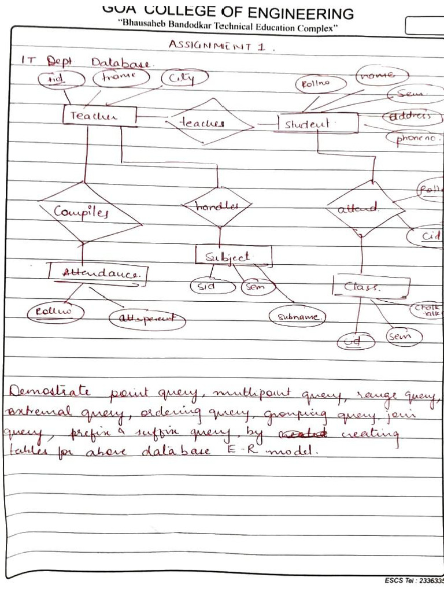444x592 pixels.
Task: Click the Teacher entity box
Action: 99,116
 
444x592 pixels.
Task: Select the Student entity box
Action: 317,124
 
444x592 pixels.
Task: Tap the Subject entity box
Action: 233,256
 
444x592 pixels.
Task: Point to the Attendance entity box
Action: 98,274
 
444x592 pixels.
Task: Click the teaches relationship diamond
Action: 211,123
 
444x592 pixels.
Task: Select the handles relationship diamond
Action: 217,206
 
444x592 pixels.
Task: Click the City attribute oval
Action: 184,78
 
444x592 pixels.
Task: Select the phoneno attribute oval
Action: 413,139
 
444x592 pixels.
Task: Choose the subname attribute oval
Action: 297,316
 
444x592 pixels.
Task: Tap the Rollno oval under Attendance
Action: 55,312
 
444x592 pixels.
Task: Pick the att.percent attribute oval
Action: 147,319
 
